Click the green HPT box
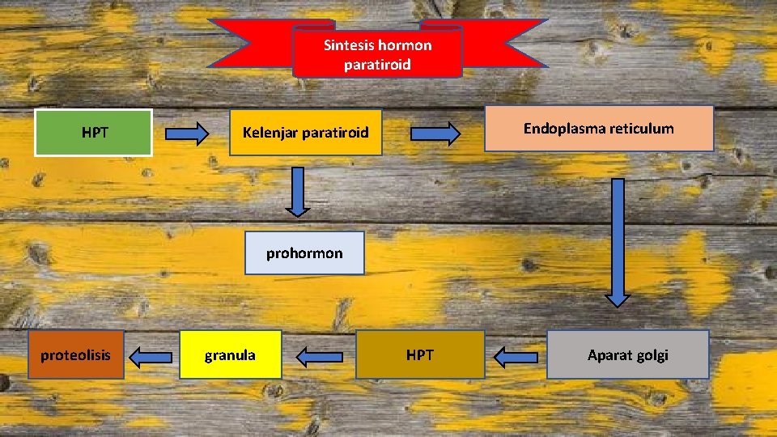tap(94, 132)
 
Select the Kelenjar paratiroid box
tap(305, 132)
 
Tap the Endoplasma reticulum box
tap(598, 129)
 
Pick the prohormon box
tap(304, 253)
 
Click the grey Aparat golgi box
tap(627, 354)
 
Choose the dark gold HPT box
tap(420, 354)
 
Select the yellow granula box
tap(230, 354)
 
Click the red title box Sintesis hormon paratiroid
tap(377, 54)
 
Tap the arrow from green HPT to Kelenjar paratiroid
tap(187, 135)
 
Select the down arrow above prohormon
tap(298, 191)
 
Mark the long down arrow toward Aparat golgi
tap(618, 242)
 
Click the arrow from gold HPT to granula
tap(320, 355)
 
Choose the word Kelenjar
tap(270, 132)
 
